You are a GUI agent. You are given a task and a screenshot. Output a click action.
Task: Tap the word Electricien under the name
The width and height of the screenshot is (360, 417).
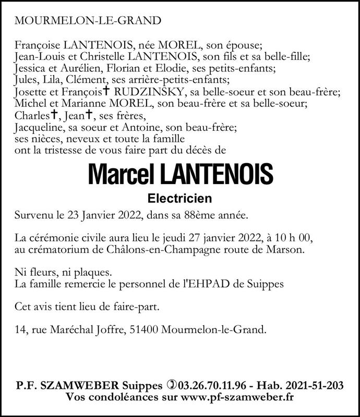click(x=179, y=198)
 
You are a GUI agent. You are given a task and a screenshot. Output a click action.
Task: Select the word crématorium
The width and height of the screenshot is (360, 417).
click(x=54, y=250)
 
